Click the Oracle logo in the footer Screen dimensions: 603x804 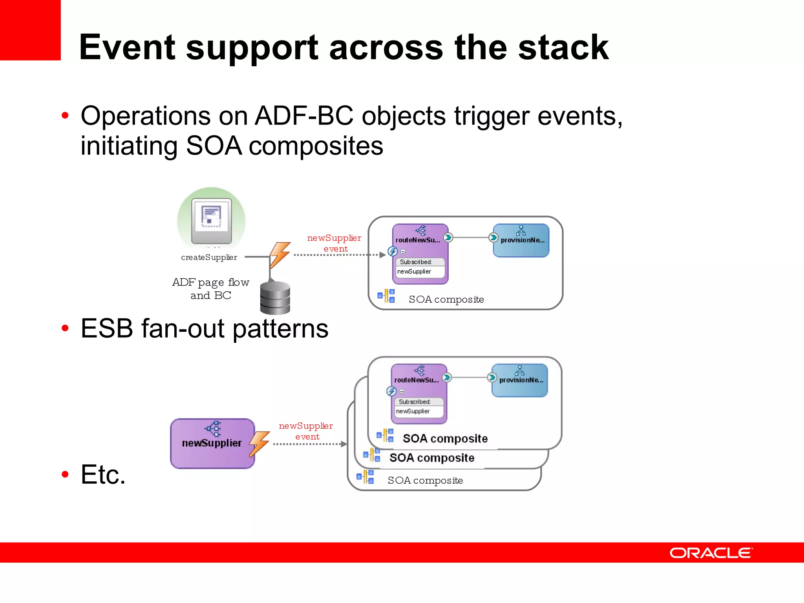pyautogui.click(x=711, y=553)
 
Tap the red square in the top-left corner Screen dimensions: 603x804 pyautogui.click(x=30, y=30)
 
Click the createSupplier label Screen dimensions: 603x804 pyautogui.click(x=209, y=258)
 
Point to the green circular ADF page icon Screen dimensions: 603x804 pyautogui.click(x=211, y=220)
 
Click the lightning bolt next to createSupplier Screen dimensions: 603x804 pyautogui.click(x=280, y=254)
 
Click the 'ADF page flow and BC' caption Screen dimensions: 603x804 pyautogui.click(x=211, y=289)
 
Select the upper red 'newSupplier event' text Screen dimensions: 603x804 pyautogui.click(x=334, y=243)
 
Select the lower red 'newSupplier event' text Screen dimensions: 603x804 pyautogui.click(x=306, y=431)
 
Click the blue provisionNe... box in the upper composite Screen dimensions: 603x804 pyautogui.click(x=521, y=240)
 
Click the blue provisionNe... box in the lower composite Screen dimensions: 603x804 pyautogui.click(x=519, y=380)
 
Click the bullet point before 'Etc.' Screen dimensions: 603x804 pyautogui.click(x=65, y=475)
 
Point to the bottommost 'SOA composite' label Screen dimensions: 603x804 pyautogui.click(x=425, y=481)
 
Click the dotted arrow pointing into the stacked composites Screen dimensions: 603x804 pyautogui.click(x=310, y=444)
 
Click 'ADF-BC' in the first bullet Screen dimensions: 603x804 pyautogui.click(x=304, y=116)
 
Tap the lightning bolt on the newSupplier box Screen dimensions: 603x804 pyautogui.click(x=259, y=444)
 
